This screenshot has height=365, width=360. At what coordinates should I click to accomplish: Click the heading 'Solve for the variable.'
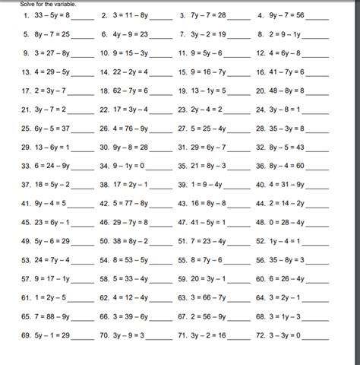coord(47,4)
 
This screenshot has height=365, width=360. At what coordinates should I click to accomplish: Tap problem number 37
coord(27,184)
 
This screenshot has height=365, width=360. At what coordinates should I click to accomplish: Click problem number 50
coord(105,240)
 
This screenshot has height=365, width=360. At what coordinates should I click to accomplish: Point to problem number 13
coord(27,71)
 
